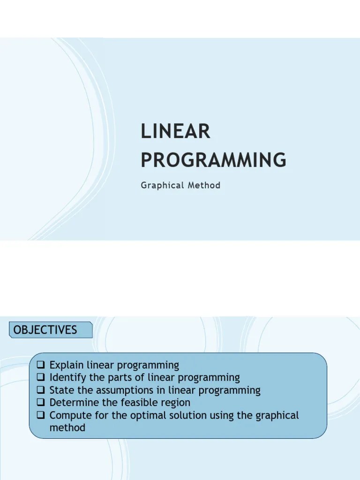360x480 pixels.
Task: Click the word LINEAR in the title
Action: (176, 132)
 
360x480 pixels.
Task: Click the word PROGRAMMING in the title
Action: (213, 160)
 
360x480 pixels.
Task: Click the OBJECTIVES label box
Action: (51, 330)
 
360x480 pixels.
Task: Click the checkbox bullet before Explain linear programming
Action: (40, 365)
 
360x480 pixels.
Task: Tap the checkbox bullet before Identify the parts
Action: (40, 377)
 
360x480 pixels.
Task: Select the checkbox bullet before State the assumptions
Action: (40, 390)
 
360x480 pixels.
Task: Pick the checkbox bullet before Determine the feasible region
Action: (40, 403)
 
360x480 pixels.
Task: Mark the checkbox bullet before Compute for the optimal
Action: (40, 415)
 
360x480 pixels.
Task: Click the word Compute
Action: (69, 415)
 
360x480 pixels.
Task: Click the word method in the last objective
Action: (67, 428)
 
